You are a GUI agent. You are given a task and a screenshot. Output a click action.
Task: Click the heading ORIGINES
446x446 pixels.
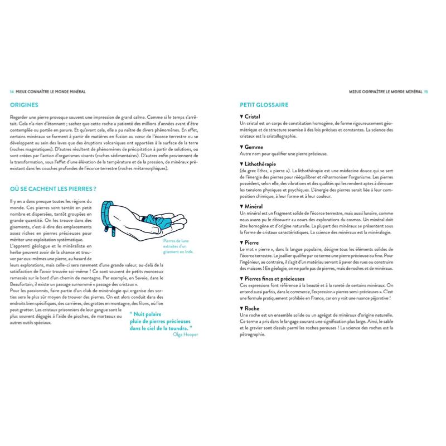point(25,104)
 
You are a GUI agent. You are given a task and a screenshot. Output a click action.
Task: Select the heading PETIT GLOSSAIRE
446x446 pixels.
point(263,104)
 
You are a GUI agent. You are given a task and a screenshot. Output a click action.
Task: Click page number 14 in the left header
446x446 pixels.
point(12,92)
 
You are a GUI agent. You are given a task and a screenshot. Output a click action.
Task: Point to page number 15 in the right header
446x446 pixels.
point(426,92)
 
